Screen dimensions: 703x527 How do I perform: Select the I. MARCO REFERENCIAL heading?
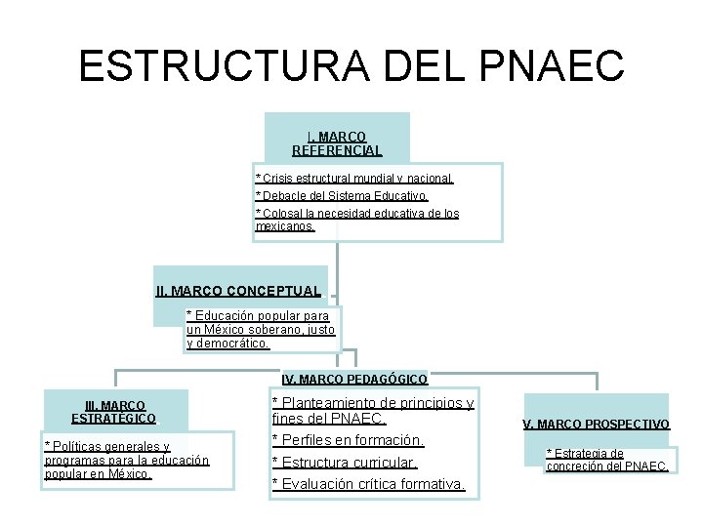pyautogui.click(x=337, y=143)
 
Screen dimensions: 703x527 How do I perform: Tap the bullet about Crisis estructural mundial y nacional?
pyautogui.click(x=354, y=179)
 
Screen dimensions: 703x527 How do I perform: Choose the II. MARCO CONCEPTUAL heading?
pyautogui.click(x=238, y=291)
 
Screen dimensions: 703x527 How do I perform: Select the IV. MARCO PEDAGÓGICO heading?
pyautogui.click(x=354, y=379)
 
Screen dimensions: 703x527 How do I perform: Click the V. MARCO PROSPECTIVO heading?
pyautogui.click(x=596, y=425)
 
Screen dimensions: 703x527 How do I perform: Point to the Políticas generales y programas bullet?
pyautogui.click(x=127, y=460)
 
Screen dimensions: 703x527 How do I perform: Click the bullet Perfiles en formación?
pyautogui.click(x=348, y=440)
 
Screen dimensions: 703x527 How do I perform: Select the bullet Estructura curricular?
pyautogui.click(x=344, y=462)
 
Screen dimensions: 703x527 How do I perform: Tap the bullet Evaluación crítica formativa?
pyautogui.click(x=368, y=484)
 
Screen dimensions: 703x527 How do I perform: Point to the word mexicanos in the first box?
pyautogui.click(x=284, y=226)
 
